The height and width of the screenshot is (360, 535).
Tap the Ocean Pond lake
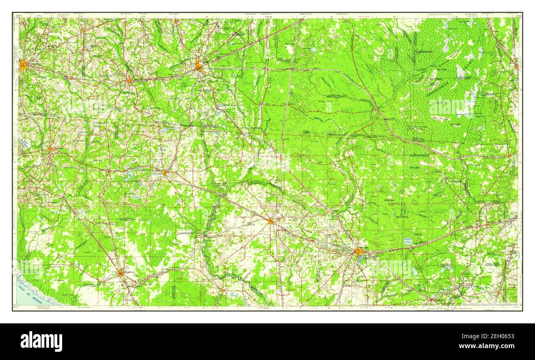coord(407,242)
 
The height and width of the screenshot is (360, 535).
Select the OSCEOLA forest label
coord(390,201)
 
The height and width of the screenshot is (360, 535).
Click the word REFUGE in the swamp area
coord(455,124)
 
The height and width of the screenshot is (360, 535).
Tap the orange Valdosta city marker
coord(199,66)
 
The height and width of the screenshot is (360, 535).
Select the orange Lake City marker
coord(359,251)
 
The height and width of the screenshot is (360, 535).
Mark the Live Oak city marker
coord(270,221)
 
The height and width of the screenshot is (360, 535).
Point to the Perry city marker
coord(121,273)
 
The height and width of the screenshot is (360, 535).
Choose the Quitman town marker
coord(129,80)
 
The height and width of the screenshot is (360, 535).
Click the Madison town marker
coord(165,172)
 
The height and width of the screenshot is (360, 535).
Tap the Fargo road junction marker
coord(376,109)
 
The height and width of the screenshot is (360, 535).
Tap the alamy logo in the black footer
coord(41,341)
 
